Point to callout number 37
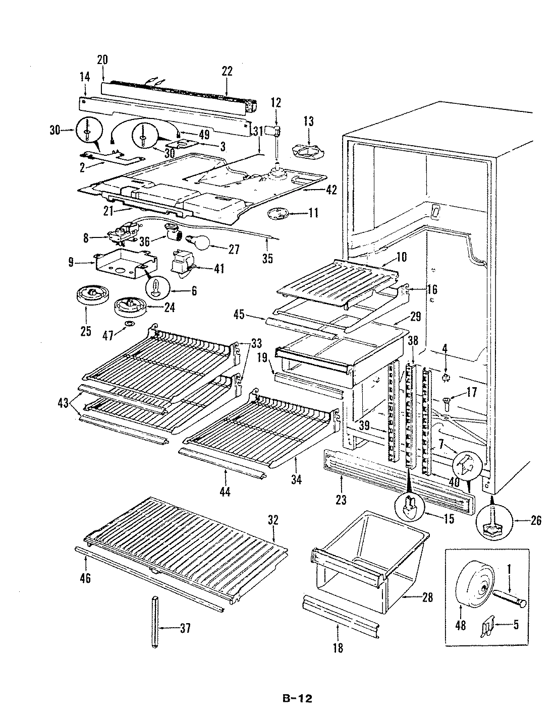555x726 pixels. click(185, 628)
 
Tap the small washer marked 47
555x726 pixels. click(130, 322)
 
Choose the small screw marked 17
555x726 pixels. click(446, 401)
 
